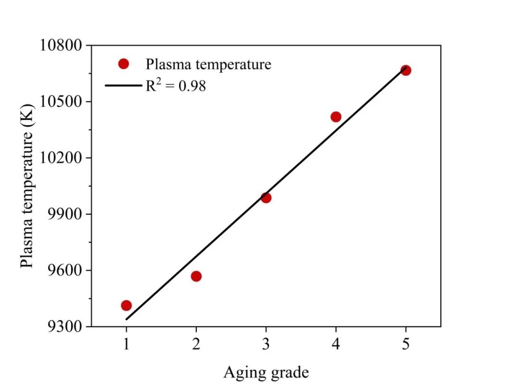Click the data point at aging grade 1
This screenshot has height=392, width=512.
click(x=126, y=305)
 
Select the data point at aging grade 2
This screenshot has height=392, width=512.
click(x=196, y=276)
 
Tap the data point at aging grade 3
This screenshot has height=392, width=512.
click(x=266, y=198)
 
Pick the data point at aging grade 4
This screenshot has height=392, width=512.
click(x=336, y=117)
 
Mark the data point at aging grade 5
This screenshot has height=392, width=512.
click(x=406, y=70)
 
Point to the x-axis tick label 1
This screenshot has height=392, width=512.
click(x=126, y=345)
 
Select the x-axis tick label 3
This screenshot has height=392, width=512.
click(x=266, y=345)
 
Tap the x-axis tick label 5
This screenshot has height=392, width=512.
click(x=406, y=345)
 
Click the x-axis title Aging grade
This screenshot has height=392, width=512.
click(x=266, y=373)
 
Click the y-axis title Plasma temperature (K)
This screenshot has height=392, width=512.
click(x=27, y=186)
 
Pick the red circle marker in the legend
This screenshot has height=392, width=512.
click(x=124, y=64)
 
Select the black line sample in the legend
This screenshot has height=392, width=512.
click(x=123, y=86)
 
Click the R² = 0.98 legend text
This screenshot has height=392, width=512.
click(x=175, y=85)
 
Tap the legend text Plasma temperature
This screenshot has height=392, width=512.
click(x=209, y=64)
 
